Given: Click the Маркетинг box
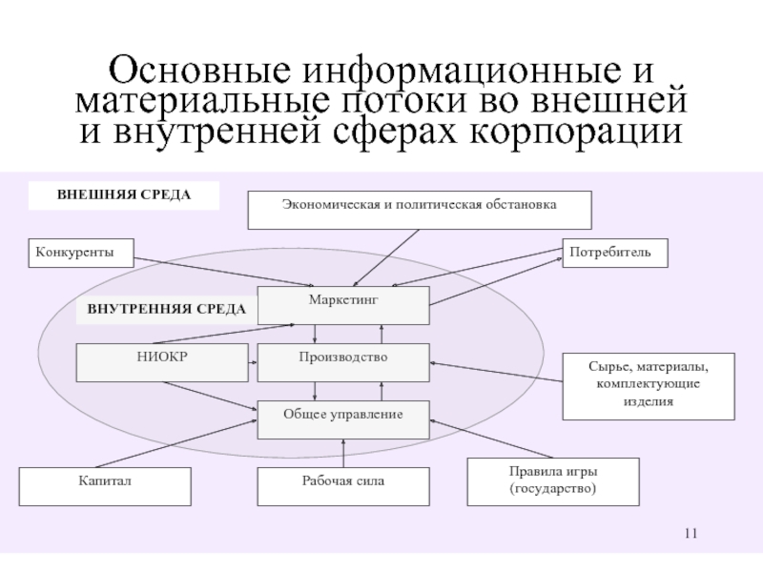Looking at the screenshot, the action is point(343,305).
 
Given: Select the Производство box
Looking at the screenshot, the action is point(343,362).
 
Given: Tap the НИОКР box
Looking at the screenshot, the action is point(162,362).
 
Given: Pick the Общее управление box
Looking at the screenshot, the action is point(343,419).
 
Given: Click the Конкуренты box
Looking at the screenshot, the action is point(81,253).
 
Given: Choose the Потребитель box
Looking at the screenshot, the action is point(615,253).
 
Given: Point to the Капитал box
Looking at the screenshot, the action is point(105,486).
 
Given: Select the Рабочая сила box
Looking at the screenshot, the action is point(343,486).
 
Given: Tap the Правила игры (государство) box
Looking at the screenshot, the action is point(553,481).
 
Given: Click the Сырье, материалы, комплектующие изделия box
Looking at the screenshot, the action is point(649,386).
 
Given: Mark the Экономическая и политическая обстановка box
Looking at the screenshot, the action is point(420,210).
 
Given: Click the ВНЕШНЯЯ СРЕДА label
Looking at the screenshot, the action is point(124,195).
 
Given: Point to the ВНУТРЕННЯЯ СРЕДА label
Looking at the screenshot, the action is point(166,310).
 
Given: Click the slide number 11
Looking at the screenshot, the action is point(691,534).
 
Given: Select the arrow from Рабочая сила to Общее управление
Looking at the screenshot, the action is point(343,454).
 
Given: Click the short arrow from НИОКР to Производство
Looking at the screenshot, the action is point(253,362).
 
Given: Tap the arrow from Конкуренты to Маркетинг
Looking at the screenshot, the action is point(224,272).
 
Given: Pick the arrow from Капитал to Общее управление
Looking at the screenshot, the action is point(176,443).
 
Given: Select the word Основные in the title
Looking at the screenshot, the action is point(199,70).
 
